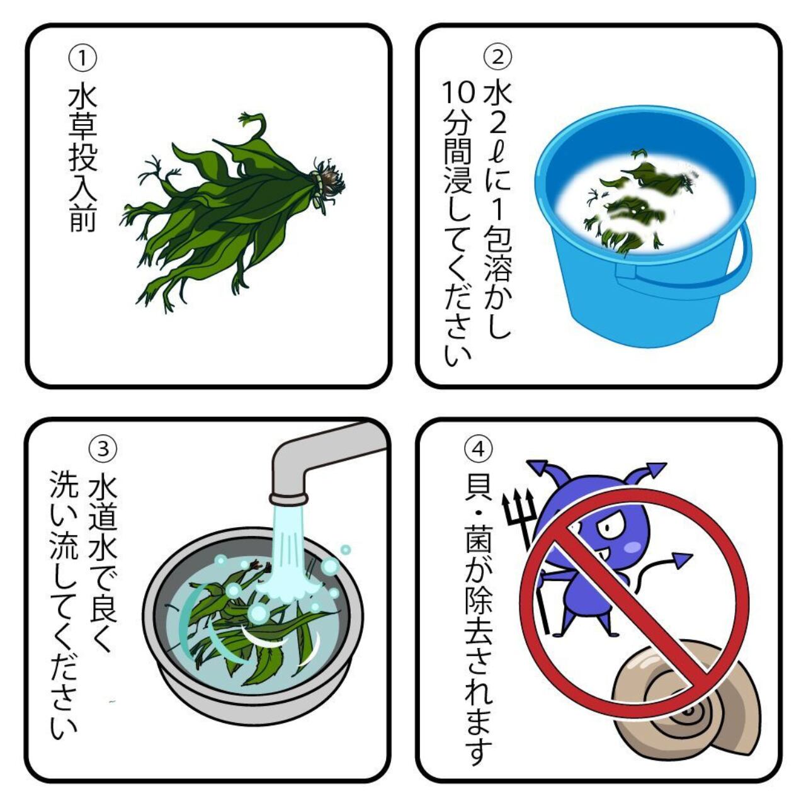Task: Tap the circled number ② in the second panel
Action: click(x=497, y=57)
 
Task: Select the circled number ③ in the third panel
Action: click(x=103, y=448)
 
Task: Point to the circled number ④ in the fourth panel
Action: click(x=479, y=449)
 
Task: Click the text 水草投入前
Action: click(x=83, y=159)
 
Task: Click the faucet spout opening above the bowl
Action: click(x=288, y=498)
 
